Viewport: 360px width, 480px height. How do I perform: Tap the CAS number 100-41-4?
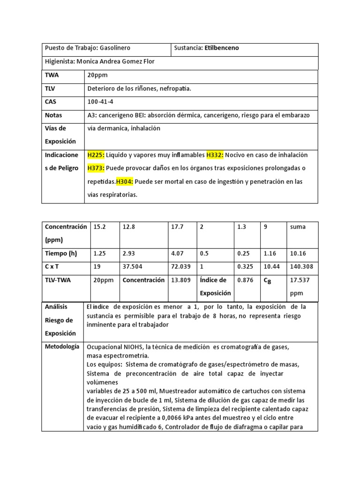point(100,102)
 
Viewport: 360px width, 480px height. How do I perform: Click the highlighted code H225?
point(96,155)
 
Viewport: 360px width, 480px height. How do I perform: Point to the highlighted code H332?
point(216,155)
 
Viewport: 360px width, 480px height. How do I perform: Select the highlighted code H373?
point(96,168)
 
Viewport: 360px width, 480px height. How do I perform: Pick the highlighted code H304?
point(125,181)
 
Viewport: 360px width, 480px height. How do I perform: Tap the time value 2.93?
point(128,254)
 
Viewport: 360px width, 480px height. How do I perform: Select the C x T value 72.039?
point(180,267)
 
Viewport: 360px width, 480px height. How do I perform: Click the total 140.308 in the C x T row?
point(302,267)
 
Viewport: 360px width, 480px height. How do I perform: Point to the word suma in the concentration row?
point(298,227)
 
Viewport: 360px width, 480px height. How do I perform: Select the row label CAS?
point(51,102)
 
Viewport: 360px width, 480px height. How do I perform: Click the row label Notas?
point(53,115)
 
